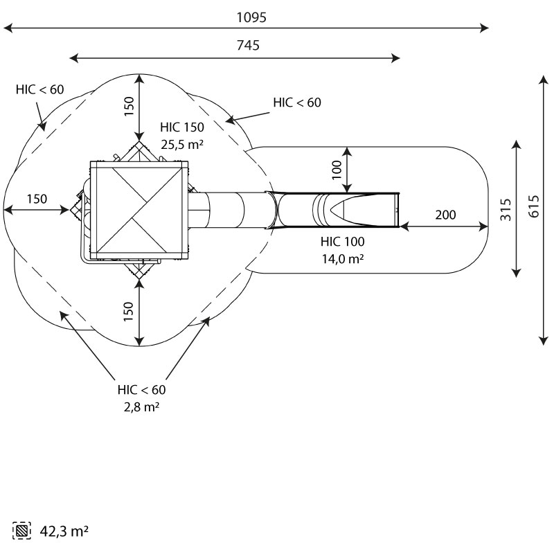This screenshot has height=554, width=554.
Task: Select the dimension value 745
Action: click(247, 46)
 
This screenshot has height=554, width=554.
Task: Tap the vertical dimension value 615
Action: click(533, 209)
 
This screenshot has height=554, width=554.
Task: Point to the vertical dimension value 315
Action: click(506, 209)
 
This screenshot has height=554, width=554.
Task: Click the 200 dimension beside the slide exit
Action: click(445, 215)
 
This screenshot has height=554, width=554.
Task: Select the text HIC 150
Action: click(182, 128)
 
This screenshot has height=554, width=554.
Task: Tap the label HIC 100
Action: click(342, 242)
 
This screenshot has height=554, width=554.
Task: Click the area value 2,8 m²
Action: click(141, 406)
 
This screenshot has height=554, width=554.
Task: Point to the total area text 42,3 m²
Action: click(62, 532)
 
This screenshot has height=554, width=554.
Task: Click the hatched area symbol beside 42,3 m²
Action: click(23, 532)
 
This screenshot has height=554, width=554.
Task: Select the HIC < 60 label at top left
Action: click(39, 89)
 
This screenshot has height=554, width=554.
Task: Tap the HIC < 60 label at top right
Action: click(297, 102)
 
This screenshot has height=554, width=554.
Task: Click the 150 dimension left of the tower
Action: click(37, 199)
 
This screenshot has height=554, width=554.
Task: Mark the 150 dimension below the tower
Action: click(129, 312)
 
